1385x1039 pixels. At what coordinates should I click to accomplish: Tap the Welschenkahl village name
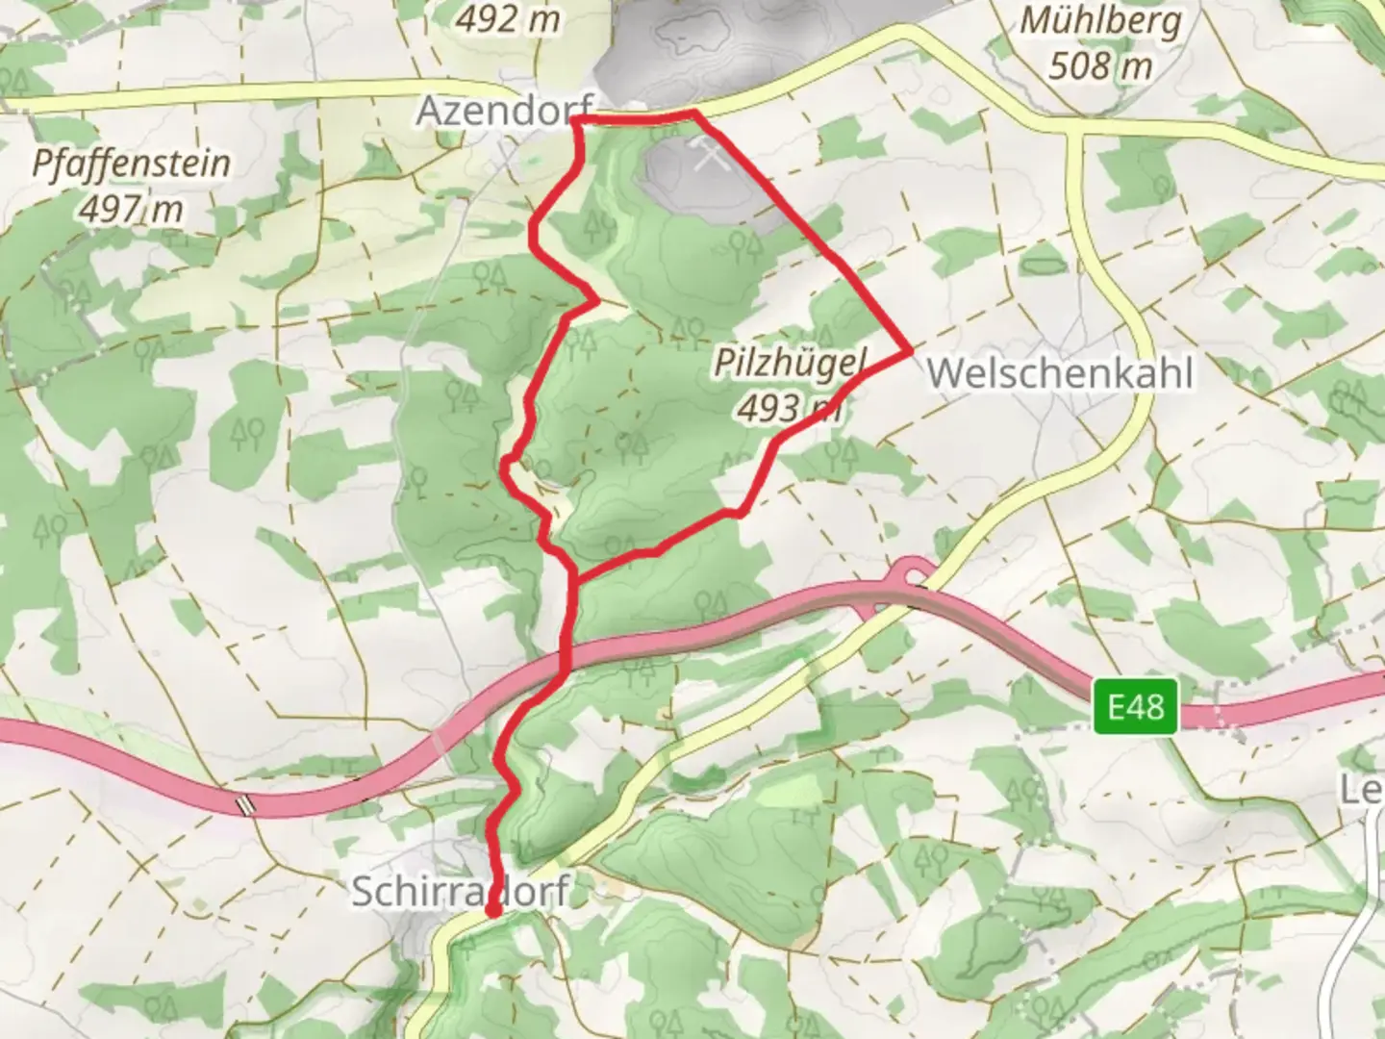pyautogui.click(x=1060, y=373)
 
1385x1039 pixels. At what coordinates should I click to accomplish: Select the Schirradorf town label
pyautogui.click(x=460, y=892)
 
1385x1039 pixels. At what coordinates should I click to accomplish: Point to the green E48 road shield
pyautogui.click(x=1136, y=708)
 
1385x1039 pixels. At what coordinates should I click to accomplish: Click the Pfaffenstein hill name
pyautogui.click(x=131, y=163)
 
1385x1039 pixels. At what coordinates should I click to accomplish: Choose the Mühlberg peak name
pyautogui.click(x=1099, y=21)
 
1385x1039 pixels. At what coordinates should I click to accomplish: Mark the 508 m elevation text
pyautogui.click(x=1099, y=65)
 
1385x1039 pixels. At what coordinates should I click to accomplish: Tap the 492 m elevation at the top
pyautogui.click(x=508, y=17)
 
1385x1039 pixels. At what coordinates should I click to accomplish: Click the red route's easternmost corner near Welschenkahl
pyautogui.click(x=909, y=353)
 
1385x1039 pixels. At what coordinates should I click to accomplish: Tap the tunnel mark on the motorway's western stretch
pyautogui.click(x=248, y=803)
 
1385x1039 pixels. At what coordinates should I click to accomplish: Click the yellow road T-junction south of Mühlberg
pyautogui.click(x=1075, y=131)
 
